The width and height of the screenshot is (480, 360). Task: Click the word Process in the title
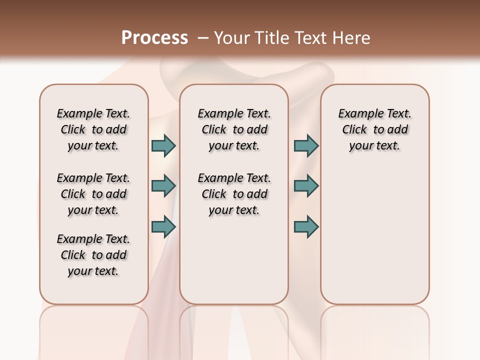coord(154,37)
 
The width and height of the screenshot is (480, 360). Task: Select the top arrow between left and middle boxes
coord(163,145)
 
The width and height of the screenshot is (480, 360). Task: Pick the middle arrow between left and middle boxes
coord(163,186)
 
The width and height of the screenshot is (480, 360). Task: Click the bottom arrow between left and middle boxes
coord(163,226)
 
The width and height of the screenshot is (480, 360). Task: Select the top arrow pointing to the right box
coord(306,145)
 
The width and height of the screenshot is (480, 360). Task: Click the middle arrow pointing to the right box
coord(306,186)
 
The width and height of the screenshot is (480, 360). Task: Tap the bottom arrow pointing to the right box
coord(306,226)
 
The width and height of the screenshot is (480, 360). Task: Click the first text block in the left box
coord(93,129)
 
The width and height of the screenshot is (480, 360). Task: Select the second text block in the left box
coord(93,194)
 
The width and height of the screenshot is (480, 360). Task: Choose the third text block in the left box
coord(93,255)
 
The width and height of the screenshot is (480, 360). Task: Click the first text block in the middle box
coord(234,129)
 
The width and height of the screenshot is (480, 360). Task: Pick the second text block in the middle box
coord(234,194)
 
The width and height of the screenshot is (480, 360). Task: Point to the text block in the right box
coord(374,129)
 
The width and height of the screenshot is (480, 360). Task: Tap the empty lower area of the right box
coord(374,240)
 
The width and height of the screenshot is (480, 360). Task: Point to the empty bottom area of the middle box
coord(234,265)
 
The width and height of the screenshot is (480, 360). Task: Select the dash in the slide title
coord(203,38)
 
